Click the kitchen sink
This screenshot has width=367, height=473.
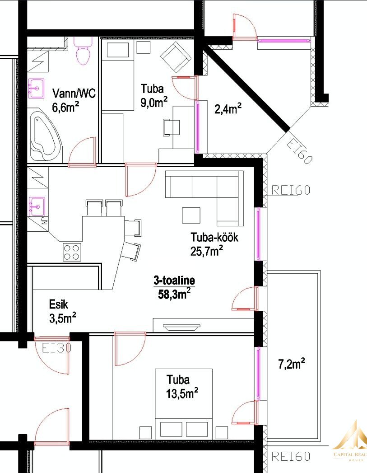click(x=37, y=206)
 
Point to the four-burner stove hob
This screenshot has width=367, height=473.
click(x=72, y=252)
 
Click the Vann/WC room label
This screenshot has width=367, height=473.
click(x=74, y=93)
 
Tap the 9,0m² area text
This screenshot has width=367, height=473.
click(x=154, y=102)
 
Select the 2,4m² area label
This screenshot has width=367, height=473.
click(x=228, y=109)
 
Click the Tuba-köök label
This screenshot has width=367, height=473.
click(x=214, y=238)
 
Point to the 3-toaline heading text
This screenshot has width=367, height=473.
click(x=174, y=281)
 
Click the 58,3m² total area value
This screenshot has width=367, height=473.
click(x=174, y=294)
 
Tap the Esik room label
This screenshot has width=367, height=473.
click(x=58, y=304)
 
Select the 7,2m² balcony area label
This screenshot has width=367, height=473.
click(x=291, y=364)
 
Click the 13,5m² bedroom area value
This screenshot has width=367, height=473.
click(x=182, y=393)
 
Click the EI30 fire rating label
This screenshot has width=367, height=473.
click(x=56, y=348)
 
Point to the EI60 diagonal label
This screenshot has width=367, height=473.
click(x=298, y=150)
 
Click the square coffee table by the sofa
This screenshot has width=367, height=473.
click(x=191, y=215)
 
